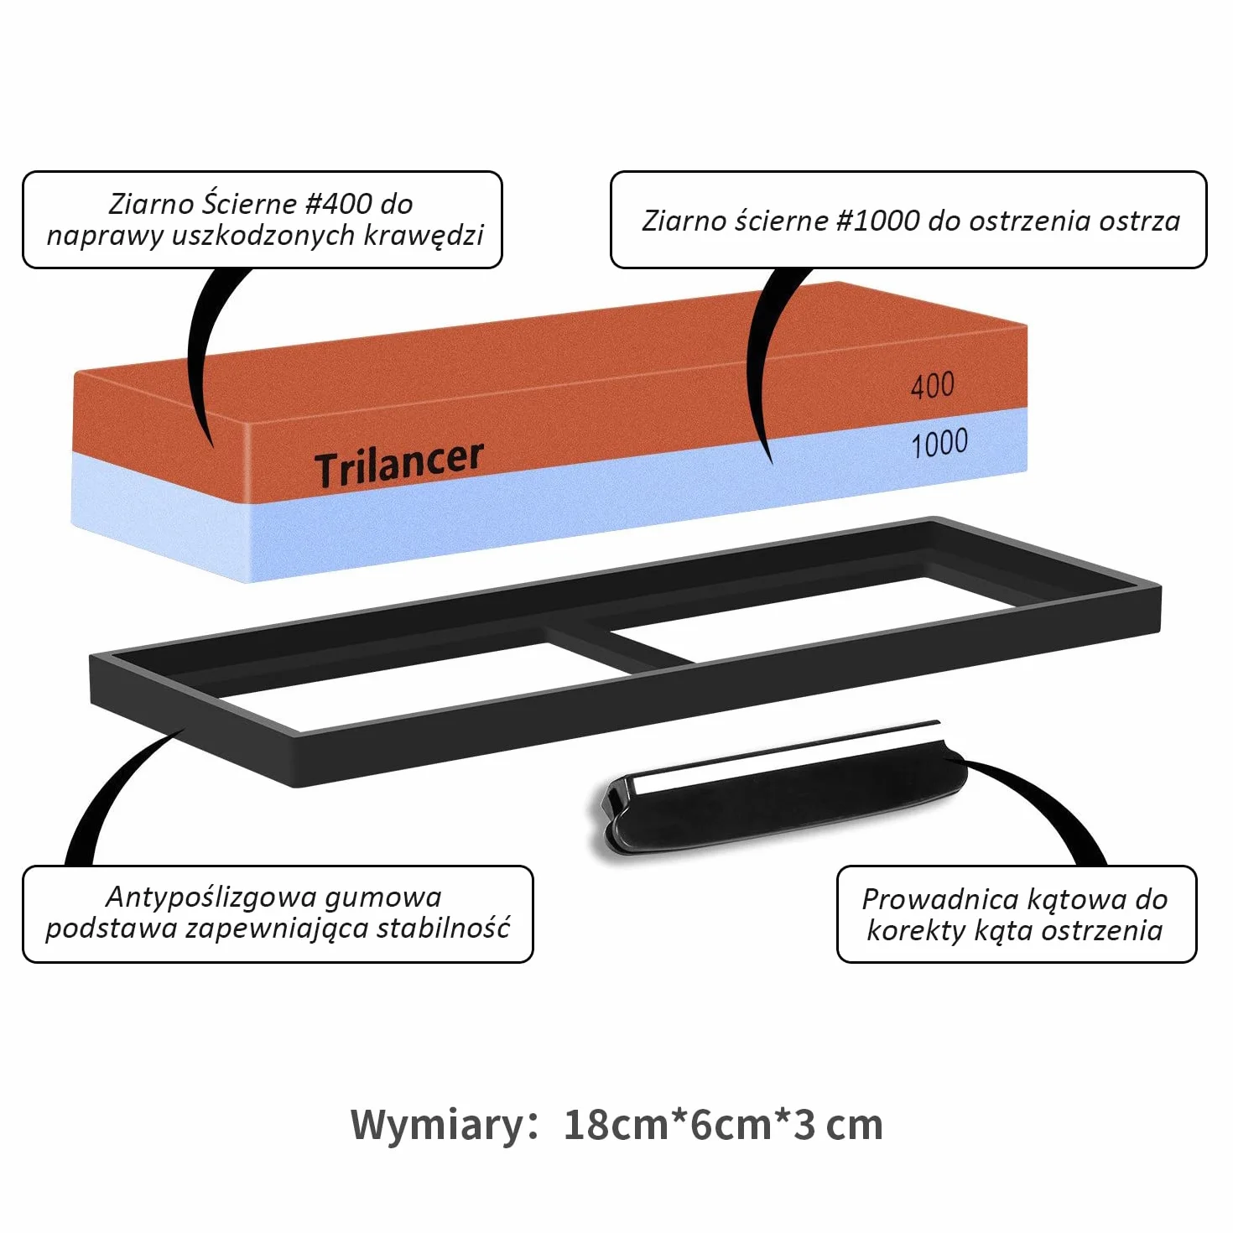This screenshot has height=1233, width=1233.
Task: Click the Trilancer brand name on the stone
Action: [398, 464]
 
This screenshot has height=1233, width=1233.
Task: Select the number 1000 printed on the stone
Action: [939, 444]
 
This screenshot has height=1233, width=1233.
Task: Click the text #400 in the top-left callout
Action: [339, 204]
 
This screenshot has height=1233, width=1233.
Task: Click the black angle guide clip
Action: [778, 791]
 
